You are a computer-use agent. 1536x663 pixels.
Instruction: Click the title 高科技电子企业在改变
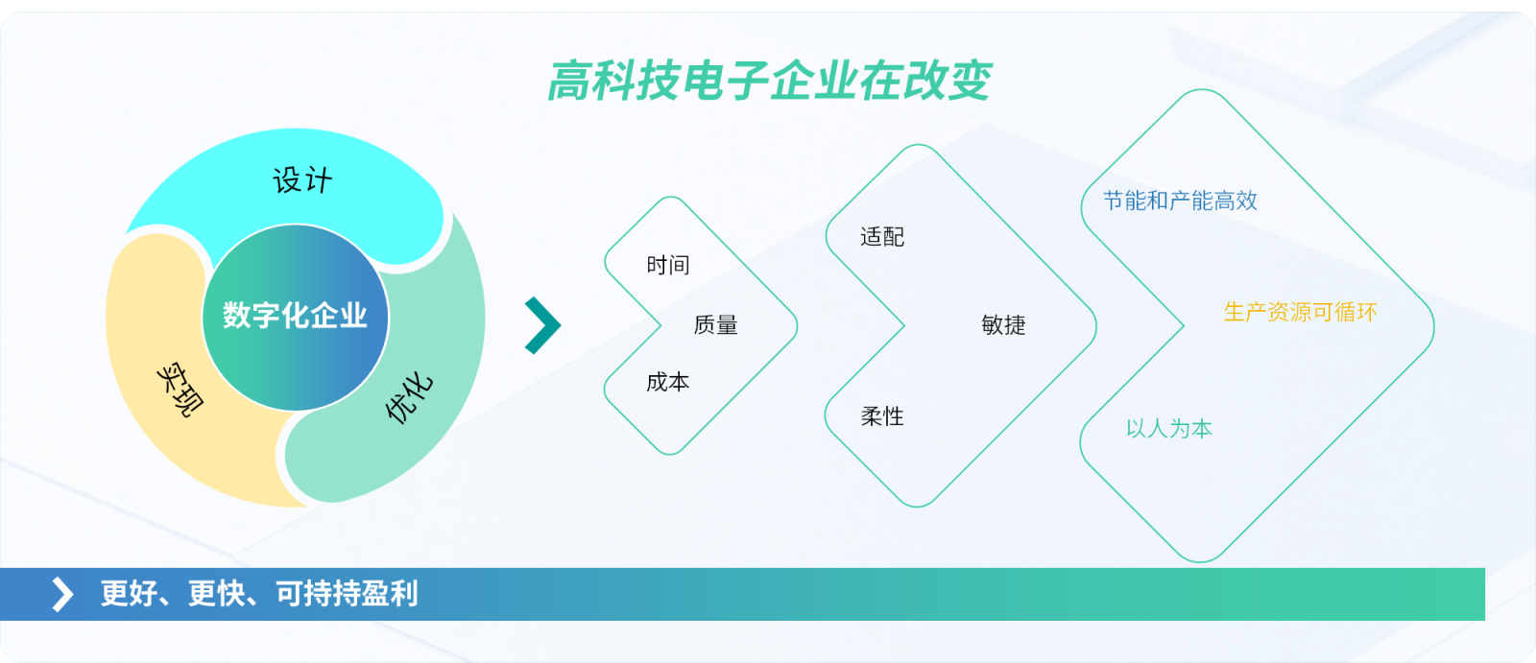point(769,81)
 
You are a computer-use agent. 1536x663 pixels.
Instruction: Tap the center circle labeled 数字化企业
point(296,318)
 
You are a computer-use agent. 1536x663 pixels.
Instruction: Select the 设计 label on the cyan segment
point(302,180)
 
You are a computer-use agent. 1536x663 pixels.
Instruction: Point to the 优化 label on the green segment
point(409,397)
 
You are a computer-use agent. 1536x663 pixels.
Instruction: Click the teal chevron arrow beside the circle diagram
point(542,325)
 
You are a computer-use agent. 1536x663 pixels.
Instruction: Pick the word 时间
point(668,265)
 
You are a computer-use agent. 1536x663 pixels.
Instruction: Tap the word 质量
point(715,324)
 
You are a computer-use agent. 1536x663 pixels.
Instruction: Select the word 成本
point(668,382)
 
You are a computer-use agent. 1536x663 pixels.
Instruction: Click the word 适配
point(882,237)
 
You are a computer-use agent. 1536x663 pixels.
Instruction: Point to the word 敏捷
point(1003,324)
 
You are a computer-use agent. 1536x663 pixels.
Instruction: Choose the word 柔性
point(882,416)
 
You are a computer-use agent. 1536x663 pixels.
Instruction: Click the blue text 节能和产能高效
point(1180,201)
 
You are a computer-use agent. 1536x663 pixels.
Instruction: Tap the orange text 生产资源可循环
point(1300,313)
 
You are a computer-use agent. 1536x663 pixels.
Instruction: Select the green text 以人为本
point(1169,429)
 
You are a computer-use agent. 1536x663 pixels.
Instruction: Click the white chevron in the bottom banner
point(62,595)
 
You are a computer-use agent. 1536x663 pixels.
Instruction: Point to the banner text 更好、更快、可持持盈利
point(259,594)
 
